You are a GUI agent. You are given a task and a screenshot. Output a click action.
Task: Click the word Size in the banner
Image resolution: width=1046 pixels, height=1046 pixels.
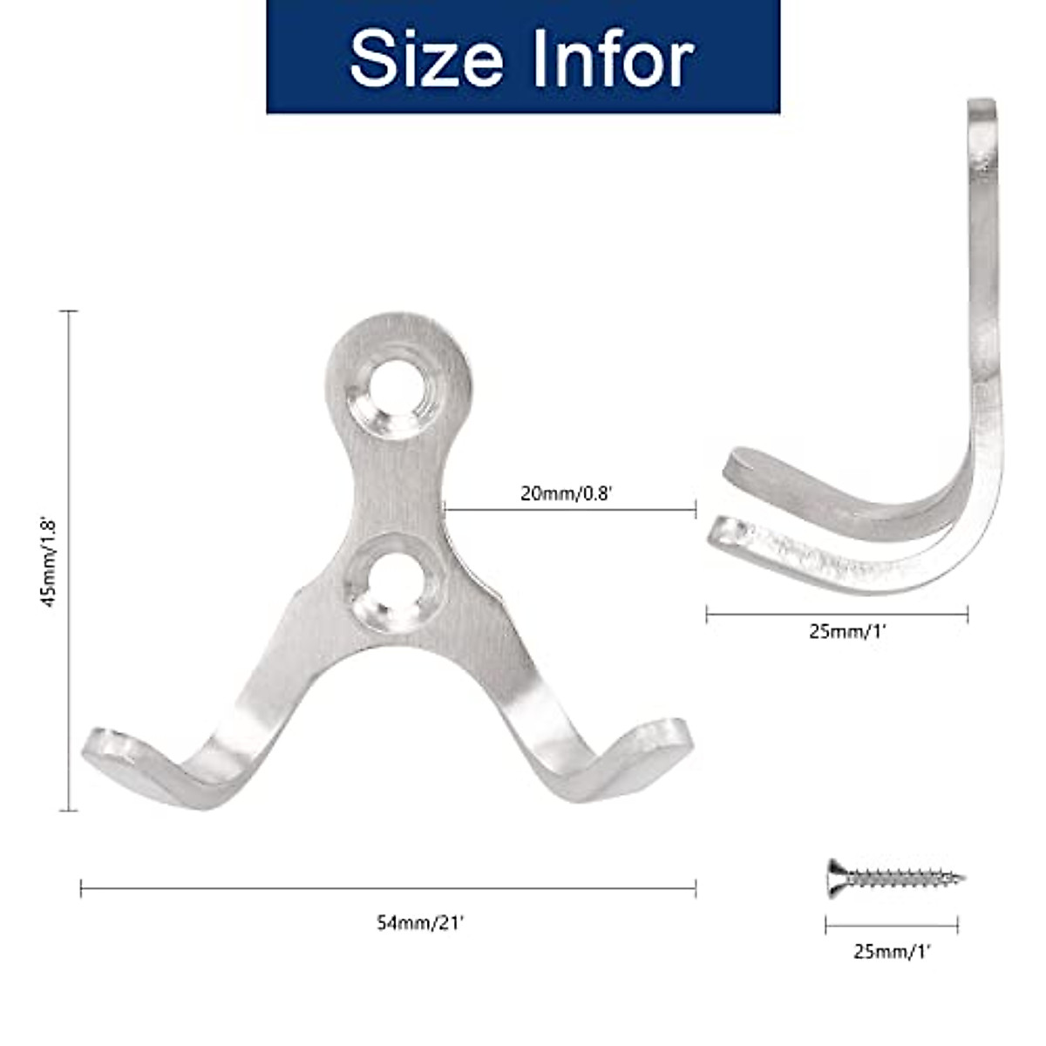click(426, 58)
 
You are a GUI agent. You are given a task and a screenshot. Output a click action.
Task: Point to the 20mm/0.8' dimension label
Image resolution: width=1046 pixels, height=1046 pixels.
click(567, 493)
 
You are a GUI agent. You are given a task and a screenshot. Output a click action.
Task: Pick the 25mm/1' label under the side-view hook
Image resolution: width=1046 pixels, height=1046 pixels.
click(846, 632)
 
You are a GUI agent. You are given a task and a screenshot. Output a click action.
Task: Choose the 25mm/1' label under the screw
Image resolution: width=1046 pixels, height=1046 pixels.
click(892, 952)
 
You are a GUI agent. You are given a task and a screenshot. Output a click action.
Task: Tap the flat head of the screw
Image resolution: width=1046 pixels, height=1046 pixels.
click(834, 877)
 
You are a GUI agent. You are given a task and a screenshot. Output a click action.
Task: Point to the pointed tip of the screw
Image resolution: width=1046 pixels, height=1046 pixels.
click(961, 878)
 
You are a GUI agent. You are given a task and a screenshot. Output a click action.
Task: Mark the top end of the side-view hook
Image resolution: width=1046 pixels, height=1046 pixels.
click(982, 106)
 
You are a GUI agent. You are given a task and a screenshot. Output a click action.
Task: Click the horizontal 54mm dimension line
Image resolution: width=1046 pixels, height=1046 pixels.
click(388, 888)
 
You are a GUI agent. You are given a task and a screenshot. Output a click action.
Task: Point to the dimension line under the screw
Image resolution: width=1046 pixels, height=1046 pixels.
click(892, 926)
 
